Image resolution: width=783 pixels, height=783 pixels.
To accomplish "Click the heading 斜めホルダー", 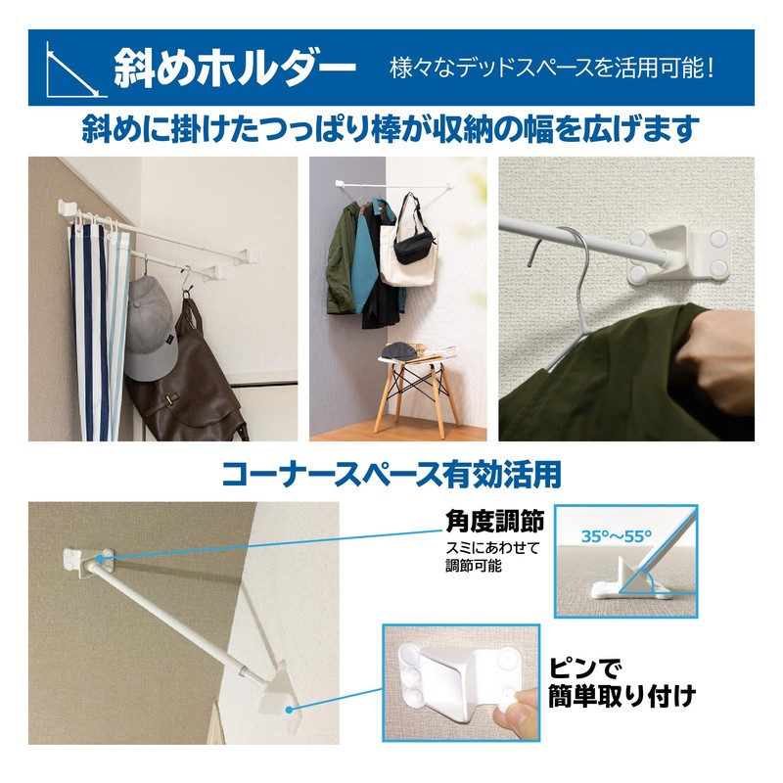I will [x=234, y=69].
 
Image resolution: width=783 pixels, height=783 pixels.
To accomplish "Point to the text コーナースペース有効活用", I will [x=391, y=476].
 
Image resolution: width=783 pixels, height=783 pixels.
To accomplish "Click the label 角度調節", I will [x=476, y=520].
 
